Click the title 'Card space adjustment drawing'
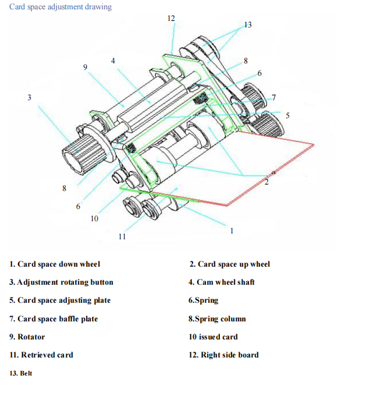[61, 7]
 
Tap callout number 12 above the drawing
[171, 18]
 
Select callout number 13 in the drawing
[248, 24]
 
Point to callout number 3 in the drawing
[29, 97]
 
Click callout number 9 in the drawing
[85, 67]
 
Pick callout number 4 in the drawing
[113, 61]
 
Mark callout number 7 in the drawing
[274, 97]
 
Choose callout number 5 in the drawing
[287, 115]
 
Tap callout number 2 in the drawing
[266, 182]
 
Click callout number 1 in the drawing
[232, 231]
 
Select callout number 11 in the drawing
[122, 236]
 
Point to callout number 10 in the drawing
[94, 218]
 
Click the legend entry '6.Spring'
[204, 300]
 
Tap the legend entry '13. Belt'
[21, 373]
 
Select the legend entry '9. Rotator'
[27, 337]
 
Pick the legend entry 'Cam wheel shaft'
[226, 282]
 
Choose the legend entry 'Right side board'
[230, 355]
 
